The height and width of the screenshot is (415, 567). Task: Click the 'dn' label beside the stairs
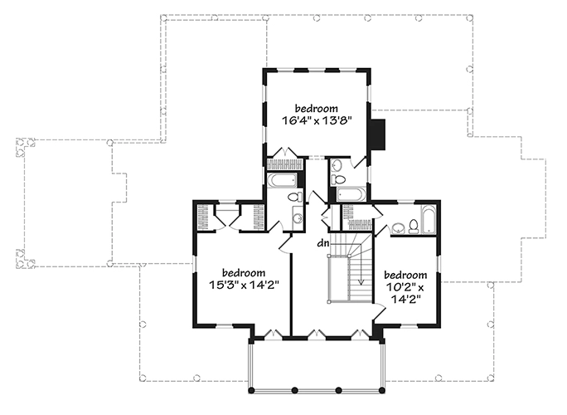(x=323, y=243)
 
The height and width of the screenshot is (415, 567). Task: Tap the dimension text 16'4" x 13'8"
(x=317, y=120)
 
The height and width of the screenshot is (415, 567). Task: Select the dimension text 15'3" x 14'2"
(x=244, y=285)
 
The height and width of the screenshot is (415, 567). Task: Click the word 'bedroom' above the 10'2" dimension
(x=405, y=276)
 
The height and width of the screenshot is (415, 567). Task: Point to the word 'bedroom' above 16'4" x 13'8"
(x=317, y=108)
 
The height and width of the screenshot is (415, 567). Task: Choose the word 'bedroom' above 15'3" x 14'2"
(x=244, y=272)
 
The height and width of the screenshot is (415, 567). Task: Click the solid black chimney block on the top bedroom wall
(x=377, y=134)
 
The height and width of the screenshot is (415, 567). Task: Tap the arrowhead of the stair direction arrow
(x=361, y=281)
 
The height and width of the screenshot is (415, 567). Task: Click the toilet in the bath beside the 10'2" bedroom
(x=414, y=226)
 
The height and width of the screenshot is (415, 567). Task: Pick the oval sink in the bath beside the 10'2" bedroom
(x=398, y=228)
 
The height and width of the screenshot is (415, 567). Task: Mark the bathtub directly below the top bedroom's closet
(x=283, y=180)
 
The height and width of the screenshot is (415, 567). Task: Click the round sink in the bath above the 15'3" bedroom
(x=298, y=218)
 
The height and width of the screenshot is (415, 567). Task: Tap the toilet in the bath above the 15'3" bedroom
(x=296, y=198)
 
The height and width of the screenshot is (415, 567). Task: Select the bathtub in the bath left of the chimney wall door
(x=351, y=194)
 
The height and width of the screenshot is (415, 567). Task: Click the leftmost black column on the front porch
(x=251, y=390)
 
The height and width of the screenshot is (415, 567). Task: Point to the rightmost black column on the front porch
(x=382, y=390)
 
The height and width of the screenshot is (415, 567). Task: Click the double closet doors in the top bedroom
(x=286, y=152)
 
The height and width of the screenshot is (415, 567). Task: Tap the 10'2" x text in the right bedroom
(x=405, y=288)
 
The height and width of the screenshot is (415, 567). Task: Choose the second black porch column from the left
(x=295, y=390)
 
